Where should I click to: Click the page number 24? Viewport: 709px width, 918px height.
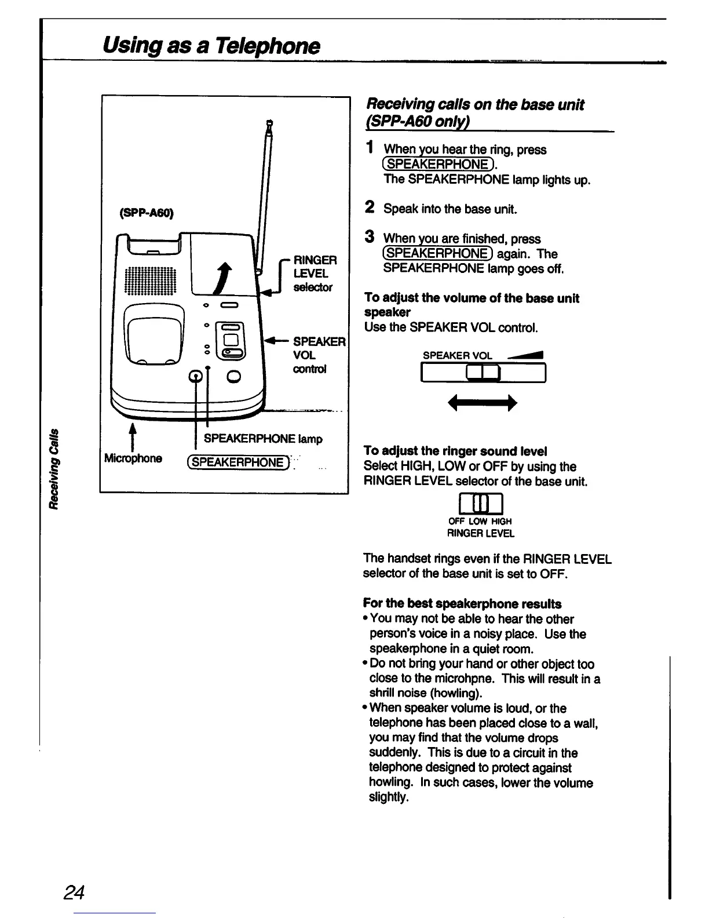[x=75, y=891]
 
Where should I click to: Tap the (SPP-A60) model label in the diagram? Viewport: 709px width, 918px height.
[x=147, y=213]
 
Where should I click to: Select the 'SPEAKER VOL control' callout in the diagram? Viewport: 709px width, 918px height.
[x=319, y=355]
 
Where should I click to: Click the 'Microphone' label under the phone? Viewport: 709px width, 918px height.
[x=133, y=458]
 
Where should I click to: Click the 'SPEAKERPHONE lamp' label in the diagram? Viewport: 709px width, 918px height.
[x=263, y=439]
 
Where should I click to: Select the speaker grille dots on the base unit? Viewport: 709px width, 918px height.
[x=149, y=280]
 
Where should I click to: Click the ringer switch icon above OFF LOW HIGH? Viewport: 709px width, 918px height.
[x=480, y=502]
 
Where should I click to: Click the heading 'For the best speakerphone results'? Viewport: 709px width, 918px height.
[x=462, y=603]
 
